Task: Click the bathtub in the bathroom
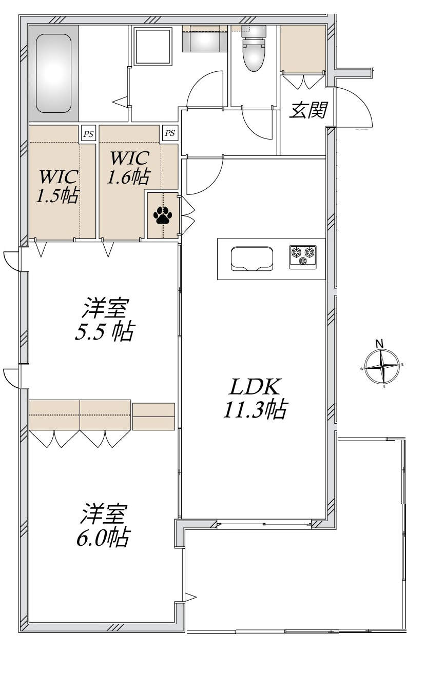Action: point(53,73)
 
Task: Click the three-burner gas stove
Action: point(303,257)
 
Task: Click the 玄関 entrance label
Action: point(308,110)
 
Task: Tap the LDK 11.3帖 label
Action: point(255,398)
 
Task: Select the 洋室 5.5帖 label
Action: point(104,319)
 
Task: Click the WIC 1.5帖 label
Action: point(58,187)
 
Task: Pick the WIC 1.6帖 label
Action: point(129,167)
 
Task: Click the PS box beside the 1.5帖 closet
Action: point(88,133)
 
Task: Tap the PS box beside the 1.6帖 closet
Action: point(170,133)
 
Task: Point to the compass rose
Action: point(382,366)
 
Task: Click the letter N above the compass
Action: point(380,344)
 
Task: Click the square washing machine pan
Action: point(152,46)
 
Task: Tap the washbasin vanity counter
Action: point(205,38)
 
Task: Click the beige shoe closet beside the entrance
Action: point(303,48)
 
